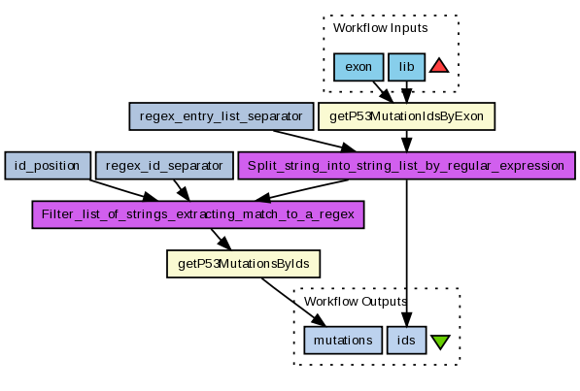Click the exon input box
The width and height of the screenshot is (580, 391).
tap(358, 67)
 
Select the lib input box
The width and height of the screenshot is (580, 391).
tap(406, 67)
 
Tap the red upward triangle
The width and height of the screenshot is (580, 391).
tap(439, 65)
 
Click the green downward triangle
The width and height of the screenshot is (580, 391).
tap(440, 342)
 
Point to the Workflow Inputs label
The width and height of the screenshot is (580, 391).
tap(380, 28)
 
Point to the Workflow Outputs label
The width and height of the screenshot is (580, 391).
tap(356, 302)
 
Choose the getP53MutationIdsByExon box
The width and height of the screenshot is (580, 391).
tap(406, 116)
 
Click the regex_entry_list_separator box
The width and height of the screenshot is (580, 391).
tap(222, 116)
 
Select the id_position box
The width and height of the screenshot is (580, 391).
tap(48, 166)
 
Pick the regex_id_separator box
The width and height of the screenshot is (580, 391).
tap(164, 166)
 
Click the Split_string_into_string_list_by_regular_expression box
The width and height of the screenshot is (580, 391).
tap(406, 166)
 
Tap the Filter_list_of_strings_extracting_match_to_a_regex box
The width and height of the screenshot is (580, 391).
tap(198, 214)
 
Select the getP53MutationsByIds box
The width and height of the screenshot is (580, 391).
tap(244, 264)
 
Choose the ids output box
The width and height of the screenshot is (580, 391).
tap(406, 340)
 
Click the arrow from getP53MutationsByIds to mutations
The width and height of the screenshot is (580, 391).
tap(293, 302)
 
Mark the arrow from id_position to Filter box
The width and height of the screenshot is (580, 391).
tap(123, 190)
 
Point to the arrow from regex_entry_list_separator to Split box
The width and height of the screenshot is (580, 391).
tap(315, 142)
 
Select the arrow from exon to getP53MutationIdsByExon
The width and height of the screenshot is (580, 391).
tap(383, 91)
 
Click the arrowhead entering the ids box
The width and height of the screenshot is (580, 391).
tap(406, 319)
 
